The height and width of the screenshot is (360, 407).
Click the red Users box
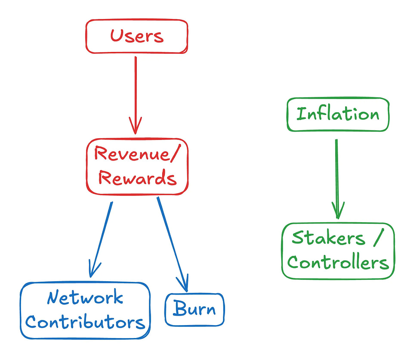pos(136,36)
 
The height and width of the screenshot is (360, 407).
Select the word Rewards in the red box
pos(137,178)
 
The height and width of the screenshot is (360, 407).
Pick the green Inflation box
pos(338,115)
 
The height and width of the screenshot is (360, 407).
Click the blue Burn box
pos(194,310)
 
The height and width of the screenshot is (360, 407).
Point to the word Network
pos(85,298)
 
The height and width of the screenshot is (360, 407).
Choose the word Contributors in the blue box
pos(85,322)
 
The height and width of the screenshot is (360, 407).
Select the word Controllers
pos(338,262)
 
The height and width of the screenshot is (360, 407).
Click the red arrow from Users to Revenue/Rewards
pos(136,90)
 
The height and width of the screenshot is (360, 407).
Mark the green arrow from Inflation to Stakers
pos(337,172)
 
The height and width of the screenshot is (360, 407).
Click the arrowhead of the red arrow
pos(136,127)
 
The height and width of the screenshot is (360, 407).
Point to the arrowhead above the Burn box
pos(184,284)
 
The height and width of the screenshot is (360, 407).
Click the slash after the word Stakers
pos(376,238)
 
